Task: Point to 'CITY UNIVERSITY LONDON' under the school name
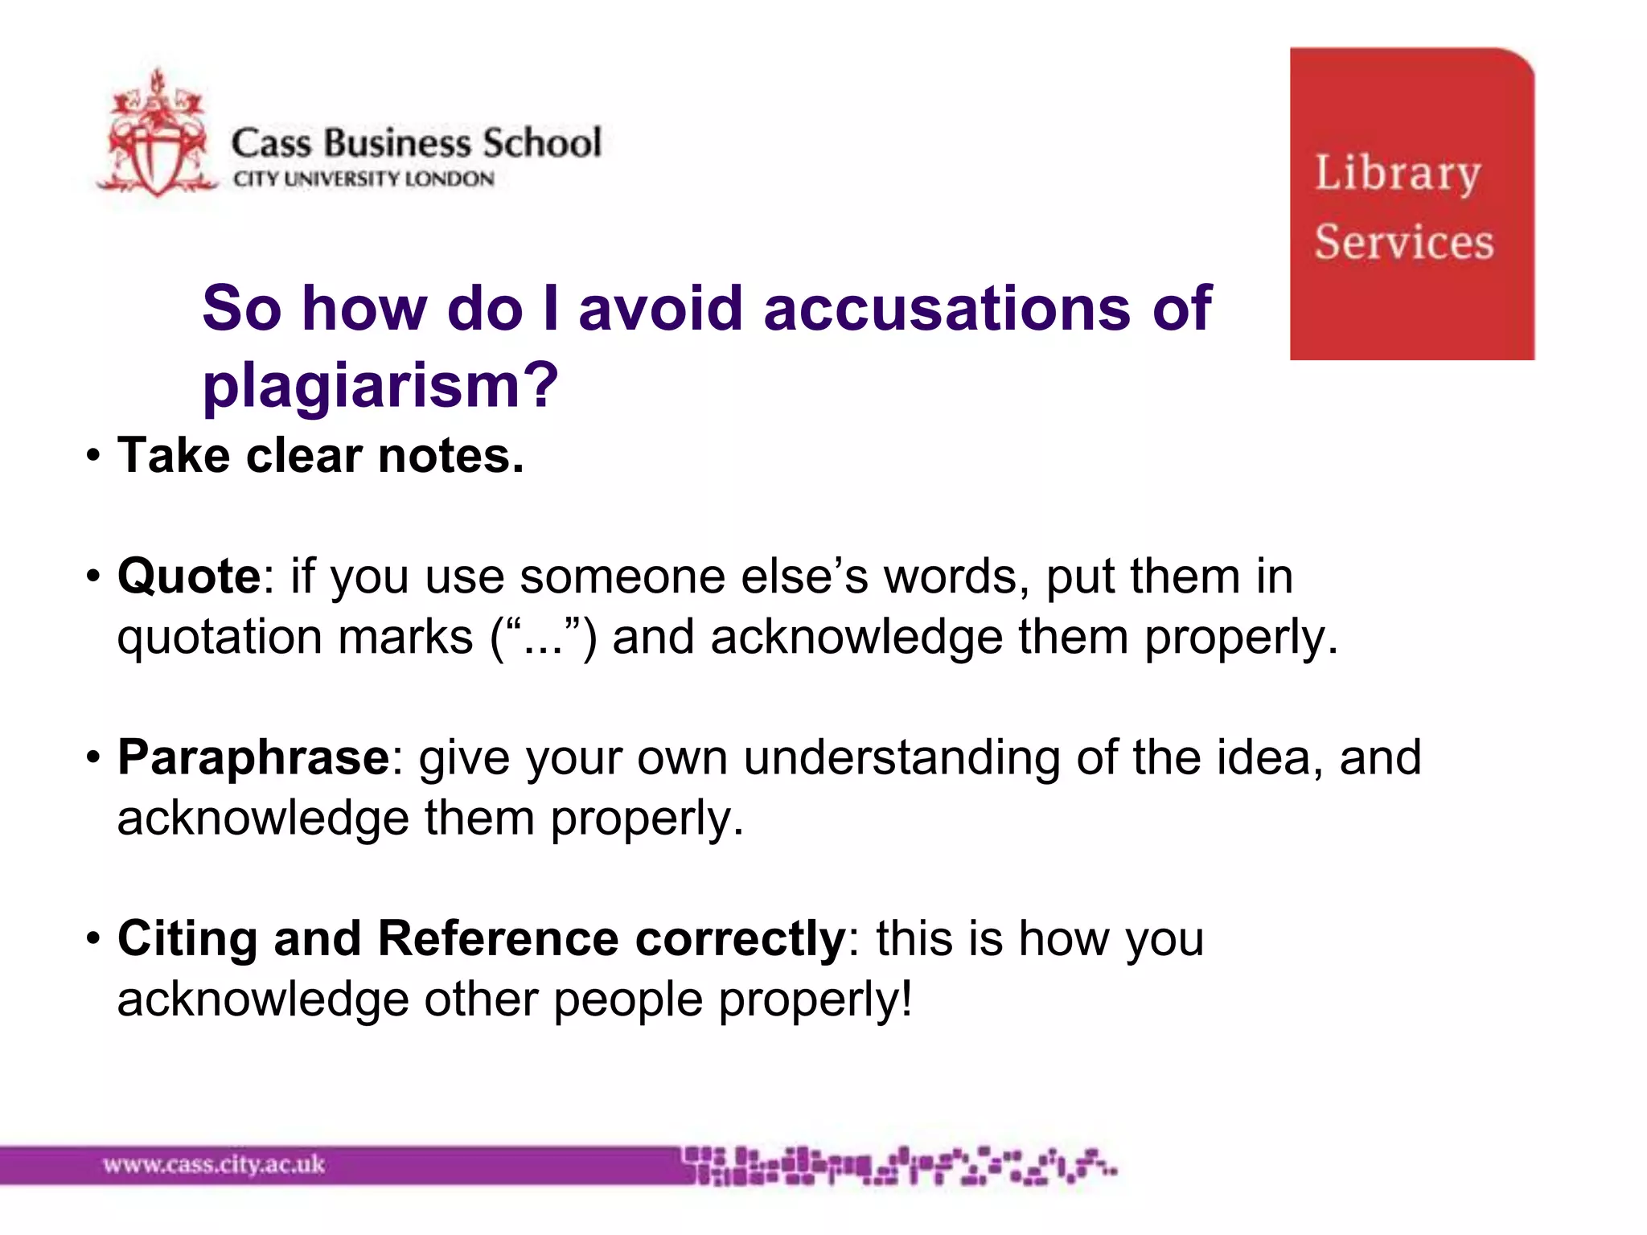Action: [x=363, y=178]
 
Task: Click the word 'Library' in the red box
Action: [x=1397, y=174]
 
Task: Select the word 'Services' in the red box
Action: [x=1404, y=242]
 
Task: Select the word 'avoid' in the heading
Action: [x=660, y=308]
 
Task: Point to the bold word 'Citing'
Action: [x=187, y=939]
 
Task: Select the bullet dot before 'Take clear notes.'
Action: [x=94, y=457]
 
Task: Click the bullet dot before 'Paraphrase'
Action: [x=94, y=758]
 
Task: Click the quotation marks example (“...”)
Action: [x=544, y=638]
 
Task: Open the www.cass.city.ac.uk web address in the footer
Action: [x=214, y=1164]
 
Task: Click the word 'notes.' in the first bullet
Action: [x=450, y=456]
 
